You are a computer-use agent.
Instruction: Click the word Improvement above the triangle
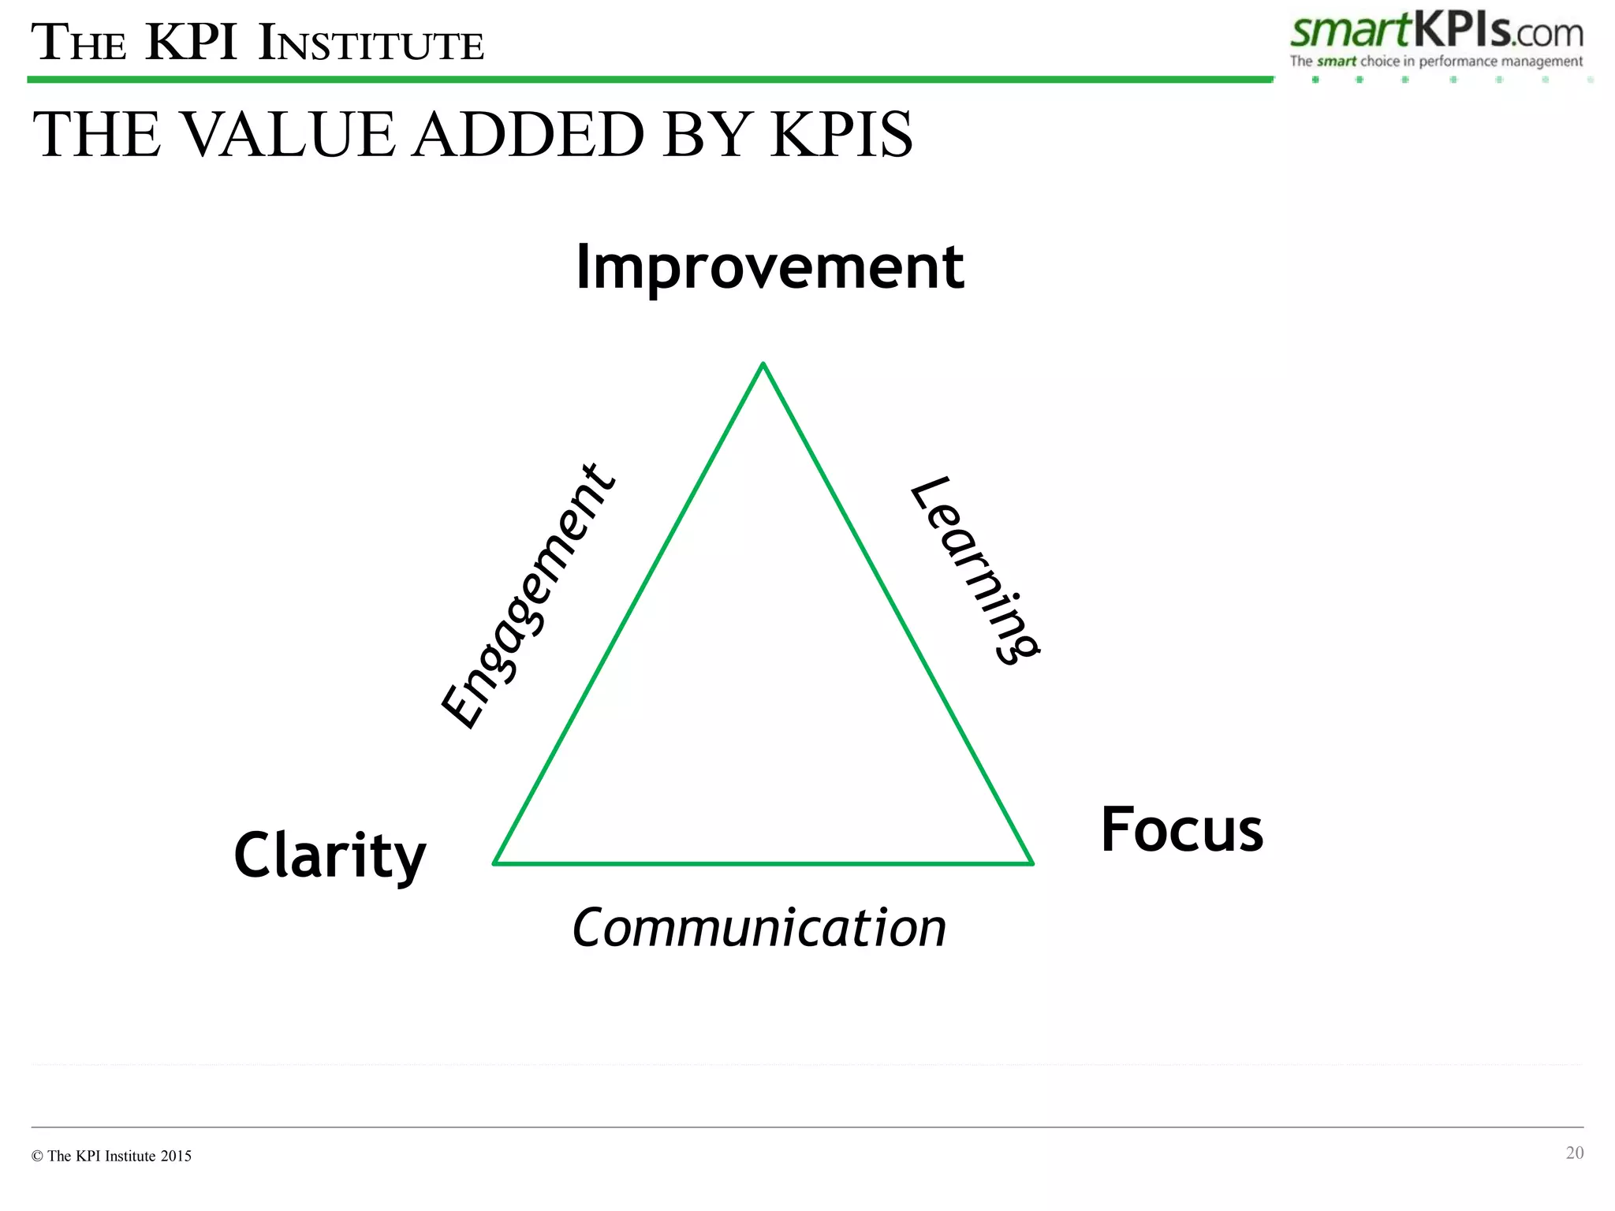pos(770,268)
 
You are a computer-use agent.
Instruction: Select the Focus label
pos(1181,830)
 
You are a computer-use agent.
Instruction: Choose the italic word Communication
pos(759,928)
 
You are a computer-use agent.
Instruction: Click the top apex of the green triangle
pos(763,364)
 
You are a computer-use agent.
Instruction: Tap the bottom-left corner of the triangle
pos(495,863)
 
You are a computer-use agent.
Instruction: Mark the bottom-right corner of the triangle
pos(1031,863)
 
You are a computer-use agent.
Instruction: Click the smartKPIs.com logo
pos(1436,32)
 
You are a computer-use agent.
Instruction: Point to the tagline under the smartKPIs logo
pos(1436,61)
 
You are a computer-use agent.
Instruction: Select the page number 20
pos(1574,1153)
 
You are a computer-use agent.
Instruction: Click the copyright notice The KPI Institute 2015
pos(112,1156)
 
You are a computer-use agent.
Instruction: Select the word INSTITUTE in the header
pos(371,44)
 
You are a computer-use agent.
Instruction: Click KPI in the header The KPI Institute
pos(192,43)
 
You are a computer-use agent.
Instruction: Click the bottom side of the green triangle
pos(763,864)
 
